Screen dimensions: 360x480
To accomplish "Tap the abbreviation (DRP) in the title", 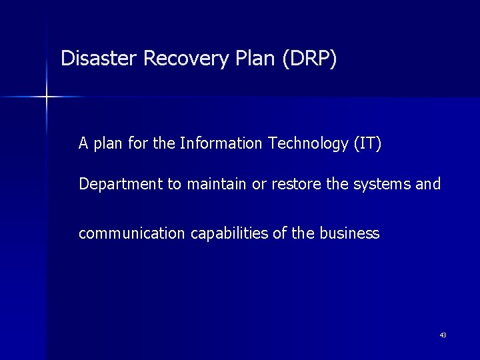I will point(309,59).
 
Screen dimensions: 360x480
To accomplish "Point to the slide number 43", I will point(443,335).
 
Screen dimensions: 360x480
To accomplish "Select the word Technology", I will point(303,143).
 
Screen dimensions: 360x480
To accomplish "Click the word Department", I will point(121,184).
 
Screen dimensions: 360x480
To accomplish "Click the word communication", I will point(126,233).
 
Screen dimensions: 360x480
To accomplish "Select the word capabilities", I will point(217,233).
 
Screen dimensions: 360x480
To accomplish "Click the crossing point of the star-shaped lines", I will point(47,97).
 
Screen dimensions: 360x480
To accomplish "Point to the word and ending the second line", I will point(428,184).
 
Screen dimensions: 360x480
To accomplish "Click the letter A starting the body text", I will point(83,143).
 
